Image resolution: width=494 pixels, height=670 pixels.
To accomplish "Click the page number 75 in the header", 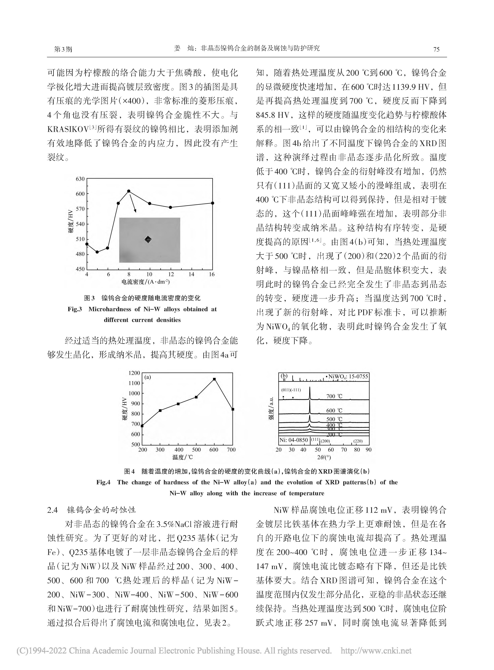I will [x=436, y=49].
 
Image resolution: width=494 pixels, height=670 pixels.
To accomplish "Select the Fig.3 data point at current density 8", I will [x=129, y=191].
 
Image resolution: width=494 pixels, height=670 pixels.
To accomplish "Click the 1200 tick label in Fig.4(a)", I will [x=134, y=373].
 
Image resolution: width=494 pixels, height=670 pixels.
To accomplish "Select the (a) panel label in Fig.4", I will [x=148, y=377].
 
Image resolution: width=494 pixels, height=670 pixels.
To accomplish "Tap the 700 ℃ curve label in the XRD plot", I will [x=334, y=396].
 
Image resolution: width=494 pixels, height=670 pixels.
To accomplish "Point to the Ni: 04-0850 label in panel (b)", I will [x=294, y=440].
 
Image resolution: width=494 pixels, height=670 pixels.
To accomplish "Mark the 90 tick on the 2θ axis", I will [x=368, y=450].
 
